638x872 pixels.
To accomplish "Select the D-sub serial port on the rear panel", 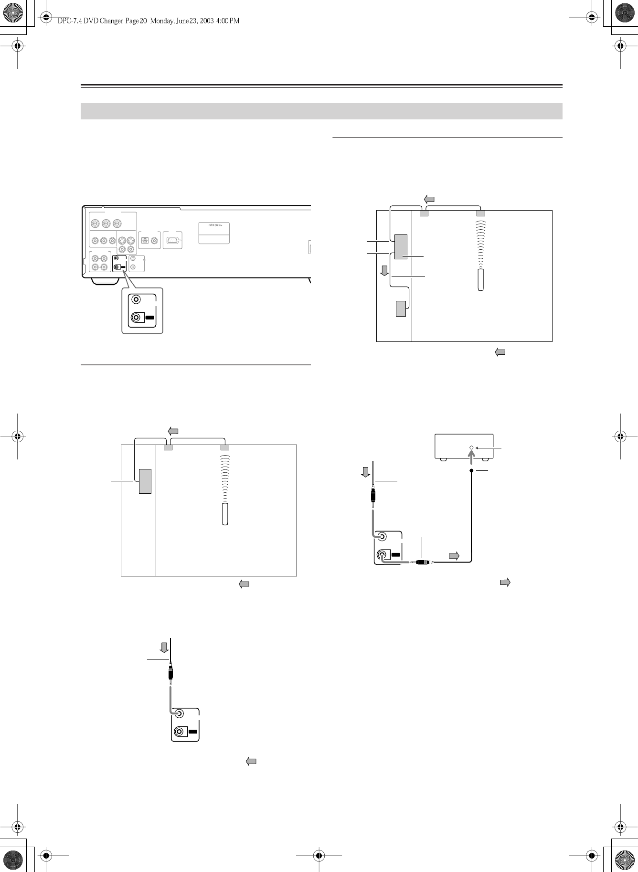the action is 172,240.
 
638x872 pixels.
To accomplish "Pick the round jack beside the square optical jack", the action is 154,241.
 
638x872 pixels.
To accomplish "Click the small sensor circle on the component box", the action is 471,447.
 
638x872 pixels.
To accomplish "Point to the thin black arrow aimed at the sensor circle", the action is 486,447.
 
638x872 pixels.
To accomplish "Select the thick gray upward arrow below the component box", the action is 471,458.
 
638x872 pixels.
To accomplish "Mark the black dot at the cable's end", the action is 471,471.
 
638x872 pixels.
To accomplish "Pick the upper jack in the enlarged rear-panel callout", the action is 137,300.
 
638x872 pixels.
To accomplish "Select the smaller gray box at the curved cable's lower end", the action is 401,308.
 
